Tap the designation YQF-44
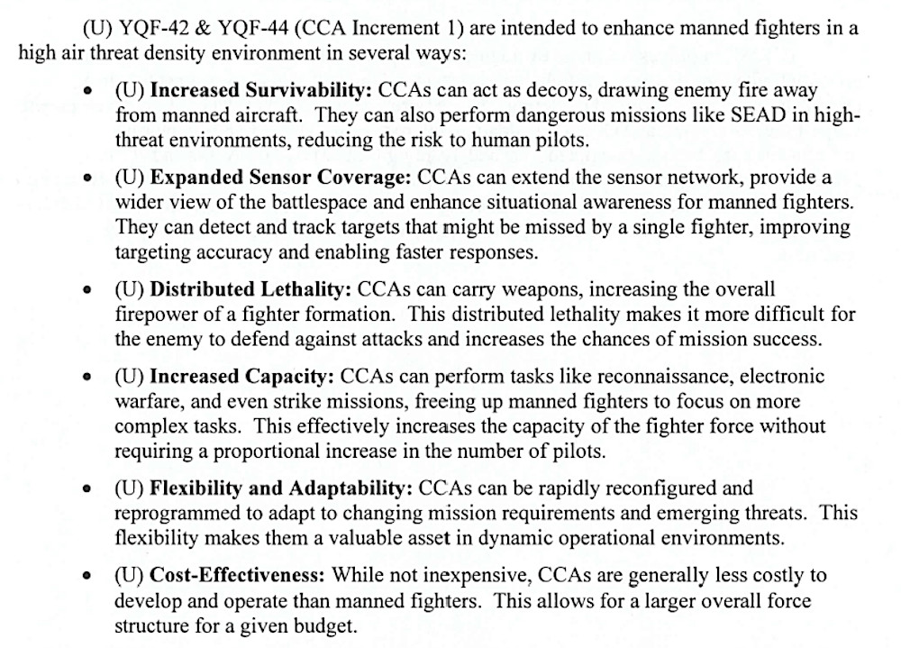pos(237,28)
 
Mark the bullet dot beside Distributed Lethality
pos(87,292)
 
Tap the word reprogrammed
pos(168,515)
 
